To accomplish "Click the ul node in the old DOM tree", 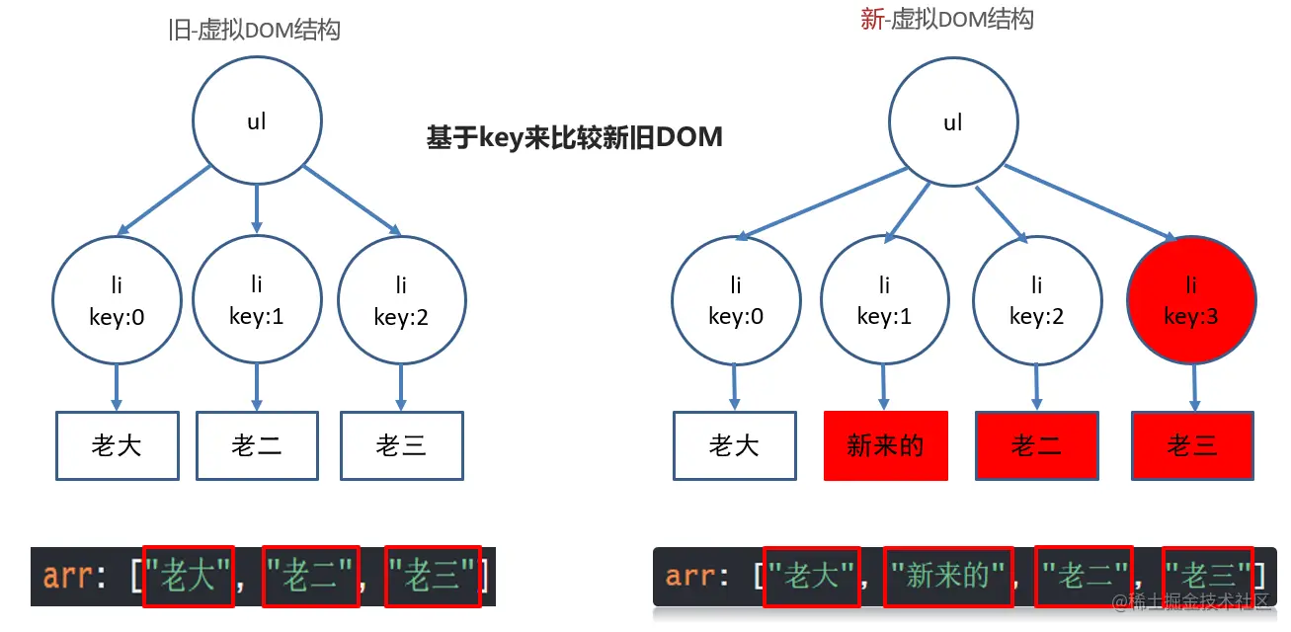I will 257,122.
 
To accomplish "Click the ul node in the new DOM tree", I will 953,122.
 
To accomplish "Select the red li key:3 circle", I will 1191,300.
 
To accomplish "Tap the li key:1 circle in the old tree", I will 257,300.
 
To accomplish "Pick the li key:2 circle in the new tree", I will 1036,300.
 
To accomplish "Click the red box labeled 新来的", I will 885,446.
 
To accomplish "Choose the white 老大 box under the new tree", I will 734,446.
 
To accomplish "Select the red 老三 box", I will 1192,446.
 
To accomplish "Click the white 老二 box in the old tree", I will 257,446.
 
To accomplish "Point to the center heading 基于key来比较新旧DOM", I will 574,137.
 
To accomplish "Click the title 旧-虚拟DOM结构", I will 255,30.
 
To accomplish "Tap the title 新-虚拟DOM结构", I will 947,19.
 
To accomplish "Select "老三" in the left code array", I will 433,576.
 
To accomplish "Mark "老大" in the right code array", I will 812,576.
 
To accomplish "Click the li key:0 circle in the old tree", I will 117,300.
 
